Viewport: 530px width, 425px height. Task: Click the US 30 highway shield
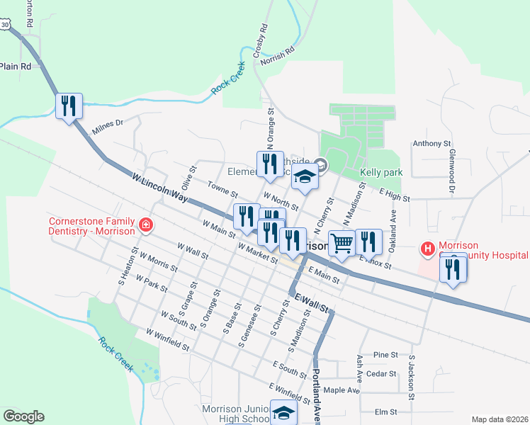[x=6, y=25]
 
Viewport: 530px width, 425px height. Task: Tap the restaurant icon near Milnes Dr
[x=69, y=106]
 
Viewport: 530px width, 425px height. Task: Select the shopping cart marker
[x=342, y=243]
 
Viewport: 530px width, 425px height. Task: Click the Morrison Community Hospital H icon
[x=427, y=249]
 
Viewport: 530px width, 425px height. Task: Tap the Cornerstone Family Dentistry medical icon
[x=146, y=225]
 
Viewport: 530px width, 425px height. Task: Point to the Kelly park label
[x=381, y=172]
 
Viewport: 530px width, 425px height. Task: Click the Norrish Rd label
[x=277, y=57]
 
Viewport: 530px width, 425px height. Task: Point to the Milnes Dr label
[x=108, y=127]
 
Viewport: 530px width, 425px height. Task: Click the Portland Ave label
[x=317, y=397]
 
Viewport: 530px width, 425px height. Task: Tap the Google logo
[x=23, y=416]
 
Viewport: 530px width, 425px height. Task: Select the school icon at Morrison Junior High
[x=284, y=413]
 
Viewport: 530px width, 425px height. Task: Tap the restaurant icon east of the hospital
[x=453, y=270]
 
